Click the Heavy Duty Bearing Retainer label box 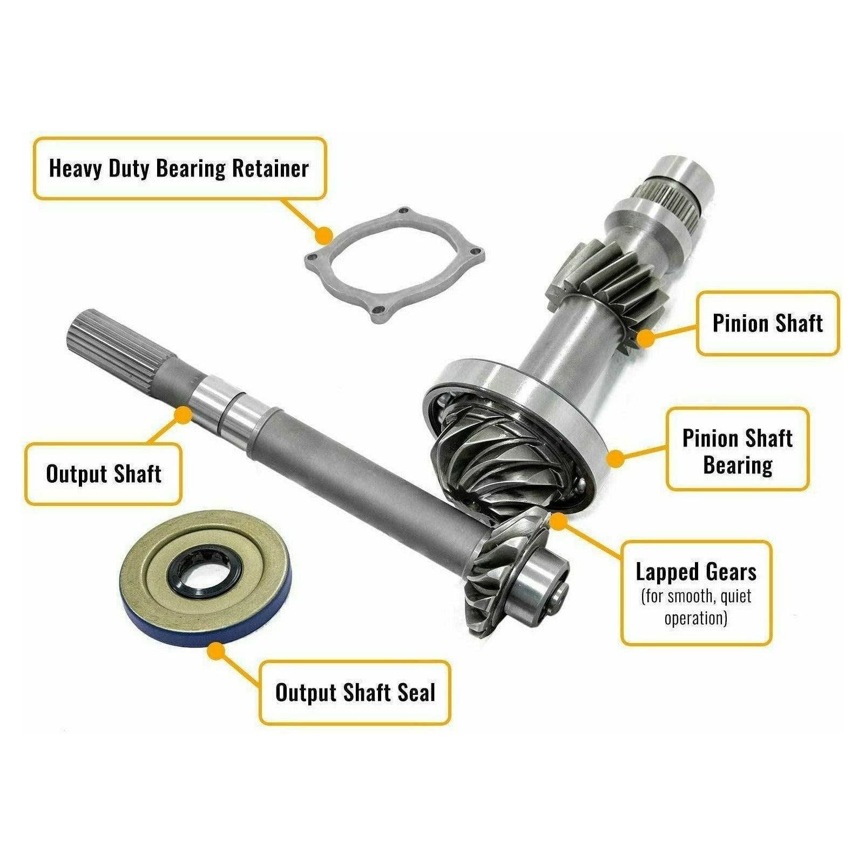coord(179,168)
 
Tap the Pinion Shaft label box coord(767,323)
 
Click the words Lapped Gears coord(696,571)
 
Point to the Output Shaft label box coord(104,474)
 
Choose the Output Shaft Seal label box coord(355,692)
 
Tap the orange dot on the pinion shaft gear coord(645,339)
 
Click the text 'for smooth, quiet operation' coord(696,607)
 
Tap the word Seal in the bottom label coord(416,692)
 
